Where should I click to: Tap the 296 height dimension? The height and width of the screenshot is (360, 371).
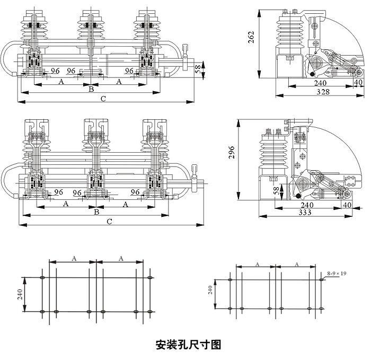[x=232, y=154]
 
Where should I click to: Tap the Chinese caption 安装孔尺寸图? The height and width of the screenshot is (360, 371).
[x=188, y=345]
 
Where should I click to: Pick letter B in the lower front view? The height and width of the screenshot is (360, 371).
[x=96, y=212]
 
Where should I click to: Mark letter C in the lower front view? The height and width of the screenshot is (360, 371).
[x=109, y=221]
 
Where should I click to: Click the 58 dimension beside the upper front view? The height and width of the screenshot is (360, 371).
[x=198, y=69]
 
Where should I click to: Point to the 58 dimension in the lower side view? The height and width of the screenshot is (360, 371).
[x=275, y=190]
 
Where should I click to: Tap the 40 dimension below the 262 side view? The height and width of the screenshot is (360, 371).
[x=358, y=83]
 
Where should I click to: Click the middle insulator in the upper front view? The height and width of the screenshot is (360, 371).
[x=91, y=27]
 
